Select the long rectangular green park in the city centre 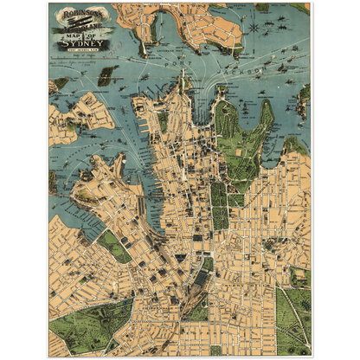[220, 204]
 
